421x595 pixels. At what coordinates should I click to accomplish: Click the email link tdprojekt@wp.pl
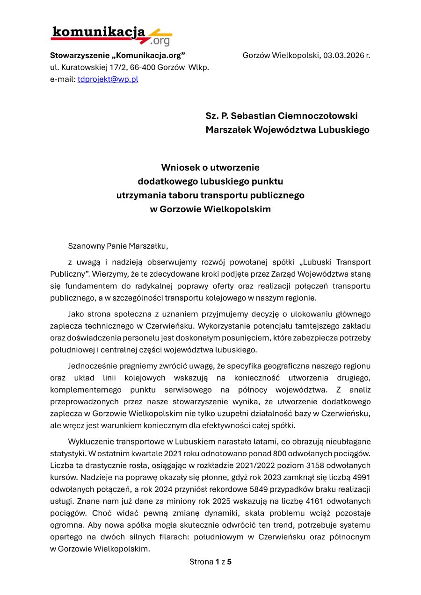tap(108, 79)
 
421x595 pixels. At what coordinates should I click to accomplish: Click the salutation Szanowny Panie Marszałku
tap(117, 245)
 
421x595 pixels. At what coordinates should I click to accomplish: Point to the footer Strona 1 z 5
tap(210, 561)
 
